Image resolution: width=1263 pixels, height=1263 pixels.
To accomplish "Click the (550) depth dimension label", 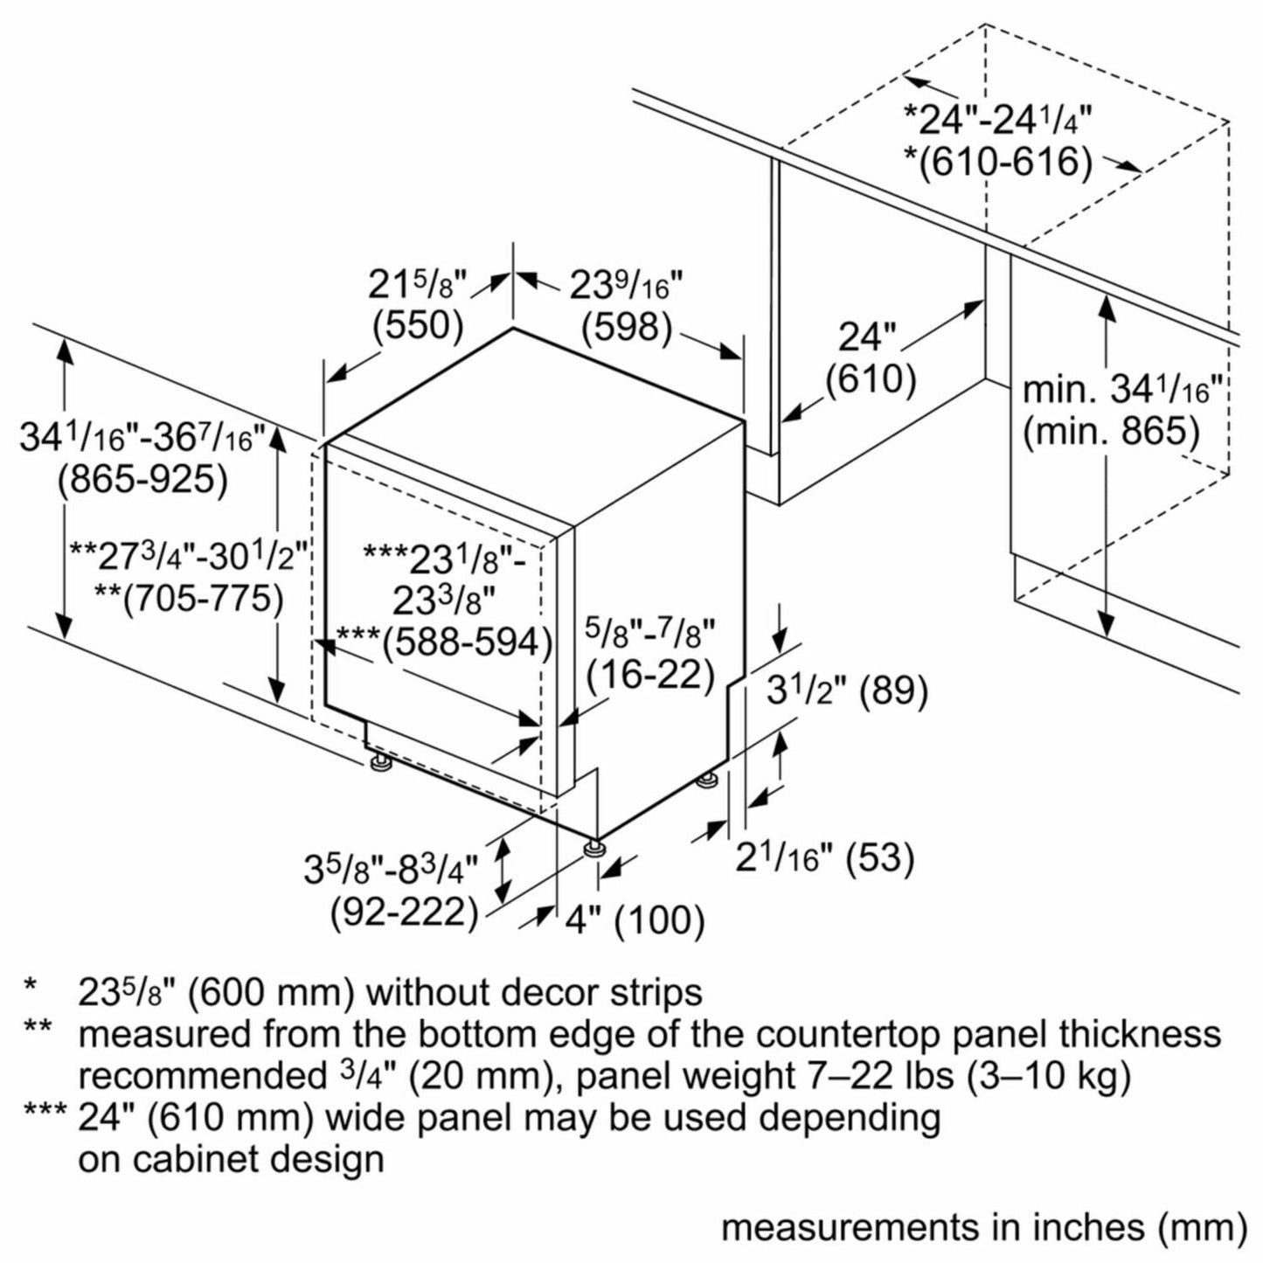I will [417, 325].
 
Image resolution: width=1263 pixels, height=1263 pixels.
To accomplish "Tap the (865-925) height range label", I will [142, 479].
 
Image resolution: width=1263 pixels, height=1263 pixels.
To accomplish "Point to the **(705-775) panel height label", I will [189, 599].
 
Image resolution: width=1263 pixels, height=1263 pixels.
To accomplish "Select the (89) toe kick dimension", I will [893, 690].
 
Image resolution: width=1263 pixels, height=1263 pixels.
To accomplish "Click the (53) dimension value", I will [881, 857].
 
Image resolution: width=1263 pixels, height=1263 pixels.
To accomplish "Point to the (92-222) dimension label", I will [404, 913].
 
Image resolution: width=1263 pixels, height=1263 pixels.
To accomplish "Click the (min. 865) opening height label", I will [1111, 431].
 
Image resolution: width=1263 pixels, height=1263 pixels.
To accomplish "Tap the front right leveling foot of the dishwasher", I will [595, 848].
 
